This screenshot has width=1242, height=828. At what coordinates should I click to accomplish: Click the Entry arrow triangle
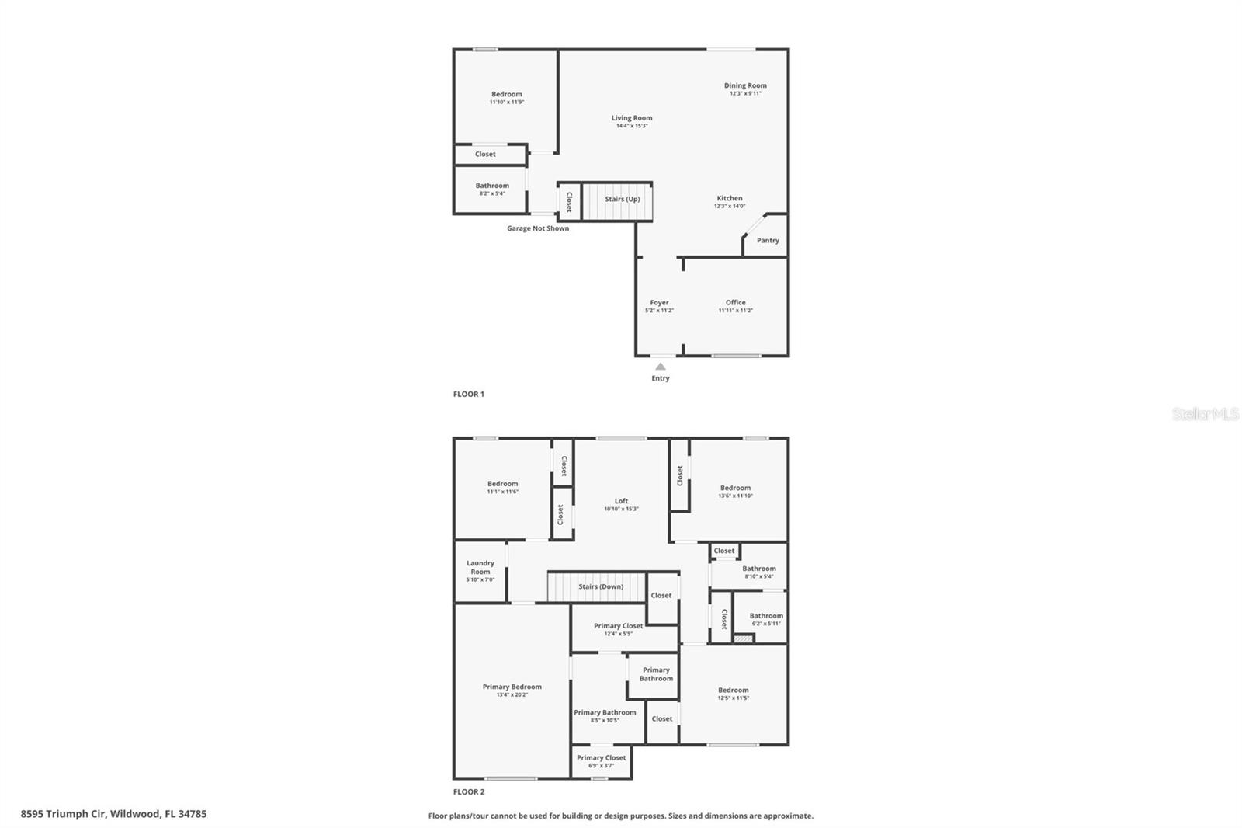click(660, 367)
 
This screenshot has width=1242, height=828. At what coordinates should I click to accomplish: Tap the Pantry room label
click(768, 241)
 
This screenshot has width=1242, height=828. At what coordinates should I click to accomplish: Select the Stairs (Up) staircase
click(617, 201)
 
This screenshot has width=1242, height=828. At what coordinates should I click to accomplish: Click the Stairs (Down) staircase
click(597, 586)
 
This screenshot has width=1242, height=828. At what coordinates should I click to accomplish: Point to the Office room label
click(735, 303)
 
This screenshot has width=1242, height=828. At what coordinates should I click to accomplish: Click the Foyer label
click(659, 303)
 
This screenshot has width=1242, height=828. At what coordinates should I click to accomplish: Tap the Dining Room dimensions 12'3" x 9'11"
click(745, 93)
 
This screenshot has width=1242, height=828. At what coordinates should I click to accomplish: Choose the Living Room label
click(632, 118)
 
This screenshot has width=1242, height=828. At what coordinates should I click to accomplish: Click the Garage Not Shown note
click(538, 228)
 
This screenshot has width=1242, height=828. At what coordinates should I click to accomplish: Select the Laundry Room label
click(480, 567)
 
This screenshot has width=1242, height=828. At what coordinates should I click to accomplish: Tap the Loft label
click(621, 501)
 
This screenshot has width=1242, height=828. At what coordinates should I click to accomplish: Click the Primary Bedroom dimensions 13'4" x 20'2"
click(512, 694)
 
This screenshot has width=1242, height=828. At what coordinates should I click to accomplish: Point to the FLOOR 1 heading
click(469, 394)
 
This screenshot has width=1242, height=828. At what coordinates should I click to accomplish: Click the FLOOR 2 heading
click(469, 791)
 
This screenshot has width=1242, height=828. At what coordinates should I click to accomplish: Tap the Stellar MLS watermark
click(1205, 414)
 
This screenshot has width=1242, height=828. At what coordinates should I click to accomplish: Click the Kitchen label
click(730, 198)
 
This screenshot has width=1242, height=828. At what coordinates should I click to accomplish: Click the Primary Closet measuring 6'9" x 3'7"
click(601, 761)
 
